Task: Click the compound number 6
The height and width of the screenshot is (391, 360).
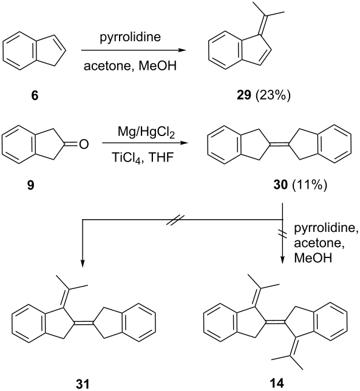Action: coord(35,95)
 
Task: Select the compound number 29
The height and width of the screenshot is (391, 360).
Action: coord(243,95)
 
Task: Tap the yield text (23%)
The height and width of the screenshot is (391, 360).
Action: coord(273,95)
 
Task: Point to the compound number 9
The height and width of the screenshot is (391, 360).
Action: coord(31,185)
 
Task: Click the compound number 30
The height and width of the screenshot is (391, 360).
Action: coord(281,185)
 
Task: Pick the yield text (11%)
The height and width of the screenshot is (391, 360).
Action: coord(309,185)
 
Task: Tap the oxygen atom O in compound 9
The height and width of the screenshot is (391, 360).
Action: coord(84,144)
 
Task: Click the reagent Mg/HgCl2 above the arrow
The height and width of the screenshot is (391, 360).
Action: coord(146,134)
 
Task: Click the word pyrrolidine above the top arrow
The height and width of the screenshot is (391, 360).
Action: coord(131,38)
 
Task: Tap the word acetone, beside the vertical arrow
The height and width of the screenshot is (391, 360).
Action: coord(319,243)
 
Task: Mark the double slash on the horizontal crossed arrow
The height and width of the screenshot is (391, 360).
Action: coord(175,220)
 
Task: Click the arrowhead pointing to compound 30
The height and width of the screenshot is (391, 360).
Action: coord(183,143)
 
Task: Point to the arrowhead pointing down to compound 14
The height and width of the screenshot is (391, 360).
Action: coord(282,259)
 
